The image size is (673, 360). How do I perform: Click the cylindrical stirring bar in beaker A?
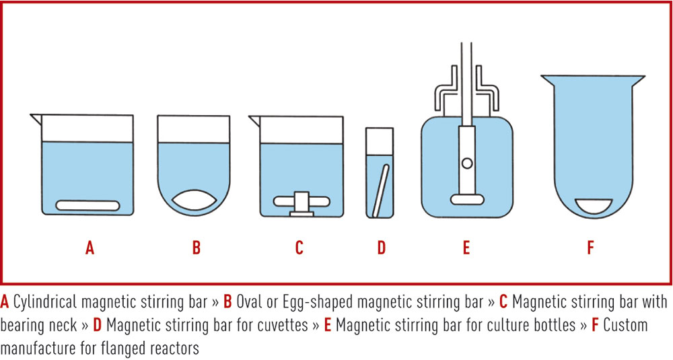pos(87,205)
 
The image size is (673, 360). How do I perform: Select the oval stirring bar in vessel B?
pos(194,201)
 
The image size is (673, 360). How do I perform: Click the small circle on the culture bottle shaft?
pos(467,163)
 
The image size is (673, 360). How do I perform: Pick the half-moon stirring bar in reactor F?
pos(594,206)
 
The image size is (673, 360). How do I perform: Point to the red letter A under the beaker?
pos(90,248)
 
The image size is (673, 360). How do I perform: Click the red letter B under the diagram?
pos(196,248)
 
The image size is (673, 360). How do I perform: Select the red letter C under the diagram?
pos(299,248)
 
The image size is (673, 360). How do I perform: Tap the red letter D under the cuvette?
pos(381,248)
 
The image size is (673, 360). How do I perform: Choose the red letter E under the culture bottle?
pos(466,248)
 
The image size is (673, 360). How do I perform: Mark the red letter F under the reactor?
pos(591,248)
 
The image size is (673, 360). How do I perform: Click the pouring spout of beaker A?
pos(36,119)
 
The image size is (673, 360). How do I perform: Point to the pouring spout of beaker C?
pos(254,120)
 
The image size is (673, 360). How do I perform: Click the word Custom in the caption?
pos(626,325)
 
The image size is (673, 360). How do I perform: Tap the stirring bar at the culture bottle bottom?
pos(467,200)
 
